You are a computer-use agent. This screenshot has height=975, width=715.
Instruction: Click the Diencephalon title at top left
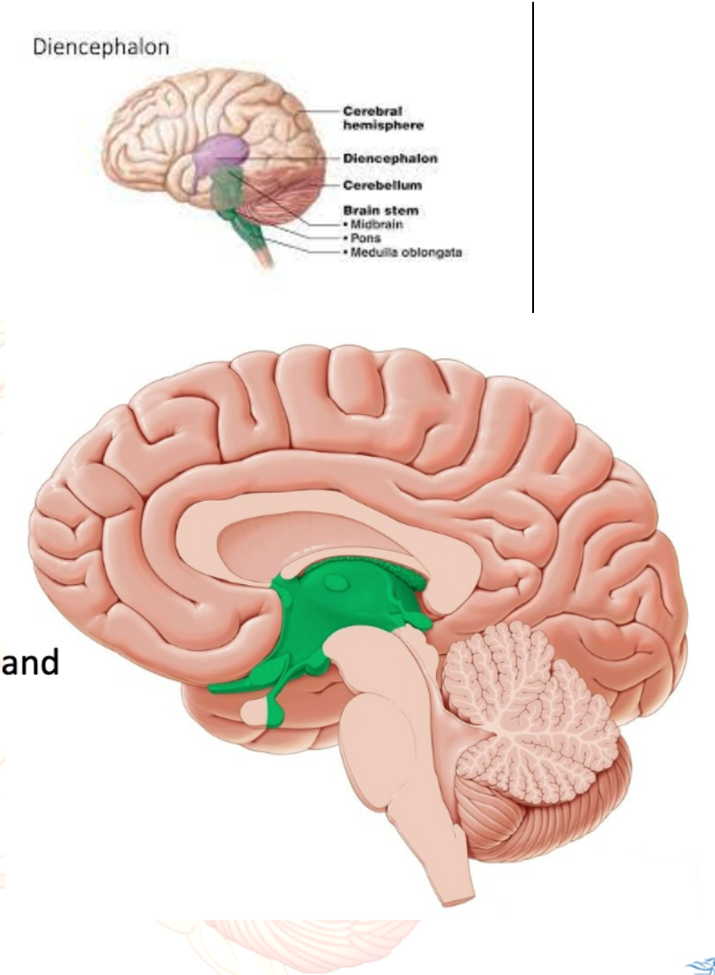tap(100, 47)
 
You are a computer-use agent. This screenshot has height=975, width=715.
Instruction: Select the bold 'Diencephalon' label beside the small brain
tap(390, 158)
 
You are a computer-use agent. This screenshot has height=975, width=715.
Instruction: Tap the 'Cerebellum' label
tap(381, 185)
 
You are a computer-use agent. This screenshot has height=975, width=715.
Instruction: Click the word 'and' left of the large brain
tap(31, 664)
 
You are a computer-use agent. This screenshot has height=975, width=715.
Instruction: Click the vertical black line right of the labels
tap(534, 154)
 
